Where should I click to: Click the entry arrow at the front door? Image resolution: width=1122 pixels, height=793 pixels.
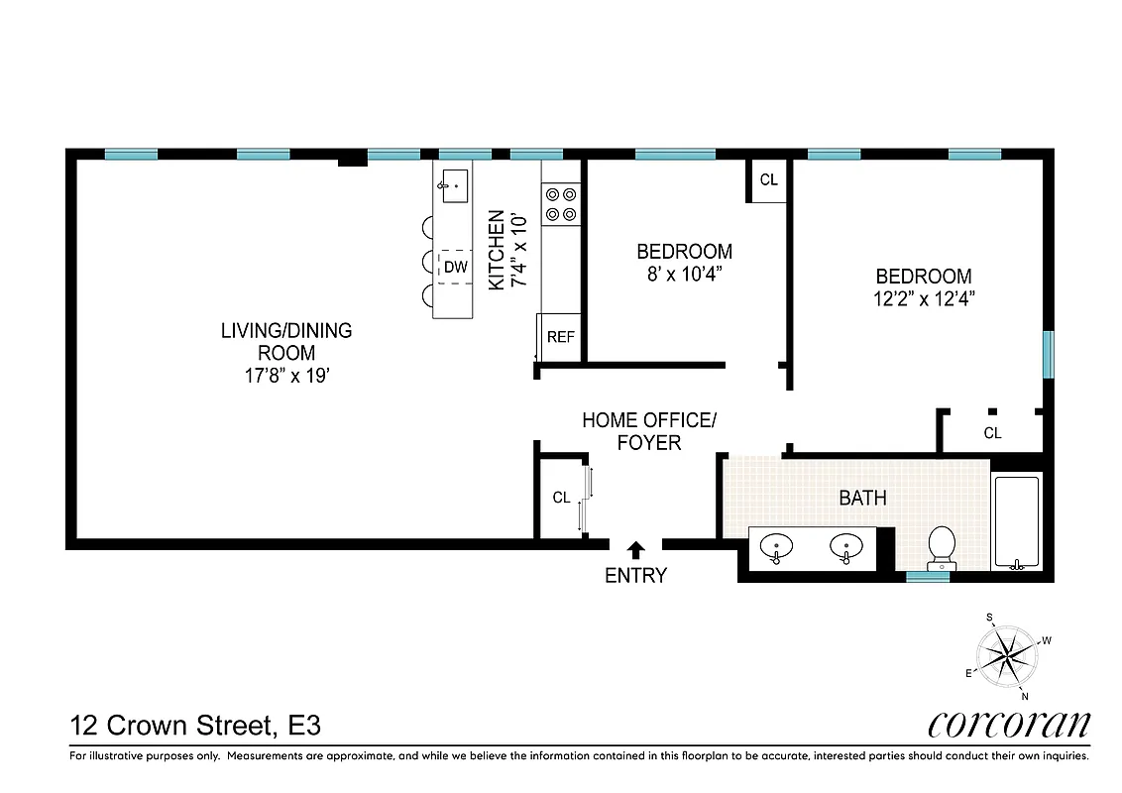coord(635,547)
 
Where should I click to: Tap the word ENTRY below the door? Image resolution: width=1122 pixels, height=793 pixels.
coord(635,575)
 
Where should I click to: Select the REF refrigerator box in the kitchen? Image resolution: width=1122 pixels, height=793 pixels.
coord(560,336)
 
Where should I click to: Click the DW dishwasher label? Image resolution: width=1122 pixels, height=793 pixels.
coord(455,267)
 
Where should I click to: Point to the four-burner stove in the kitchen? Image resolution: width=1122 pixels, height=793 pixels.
coord(561,204)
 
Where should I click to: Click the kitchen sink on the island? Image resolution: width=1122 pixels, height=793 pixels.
coord(455,184)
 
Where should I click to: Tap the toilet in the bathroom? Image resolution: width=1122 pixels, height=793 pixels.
coord(941,547)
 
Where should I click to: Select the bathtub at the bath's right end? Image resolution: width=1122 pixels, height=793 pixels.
coord(1016,522)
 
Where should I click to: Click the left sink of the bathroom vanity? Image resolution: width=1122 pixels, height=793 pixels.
coord(777,546)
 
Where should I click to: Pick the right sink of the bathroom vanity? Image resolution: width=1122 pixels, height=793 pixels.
coord(846,546)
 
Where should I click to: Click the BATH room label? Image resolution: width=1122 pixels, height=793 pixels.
coord(862,498)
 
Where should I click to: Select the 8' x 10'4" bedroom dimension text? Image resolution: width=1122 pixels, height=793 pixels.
coord(684,275)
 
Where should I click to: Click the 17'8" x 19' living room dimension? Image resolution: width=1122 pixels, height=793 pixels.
coord(285,376)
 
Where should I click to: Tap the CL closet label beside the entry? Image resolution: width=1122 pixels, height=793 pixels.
coord(561,498)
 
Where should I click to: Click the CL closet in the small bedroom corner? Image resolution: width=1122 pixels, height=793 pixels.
coord(769,180)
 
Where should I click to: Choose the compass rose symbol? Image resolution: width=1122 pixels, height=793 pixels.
coord(1009,656)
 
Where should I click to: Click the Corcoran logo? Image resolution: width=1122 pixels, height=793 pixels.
coord(1008,724)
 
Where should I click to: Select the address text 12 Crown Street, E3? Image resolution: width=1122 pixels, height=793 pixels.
coord(195,726)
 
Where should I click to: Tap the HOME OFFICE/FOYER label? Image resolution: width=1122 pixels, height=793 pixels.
coord(648,431)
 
